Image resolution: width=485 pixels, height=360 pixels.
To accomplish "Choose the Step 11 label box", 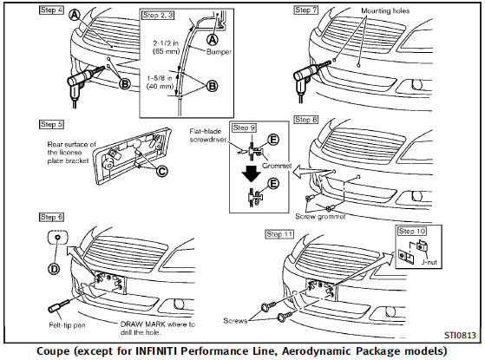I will point(281,235).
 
